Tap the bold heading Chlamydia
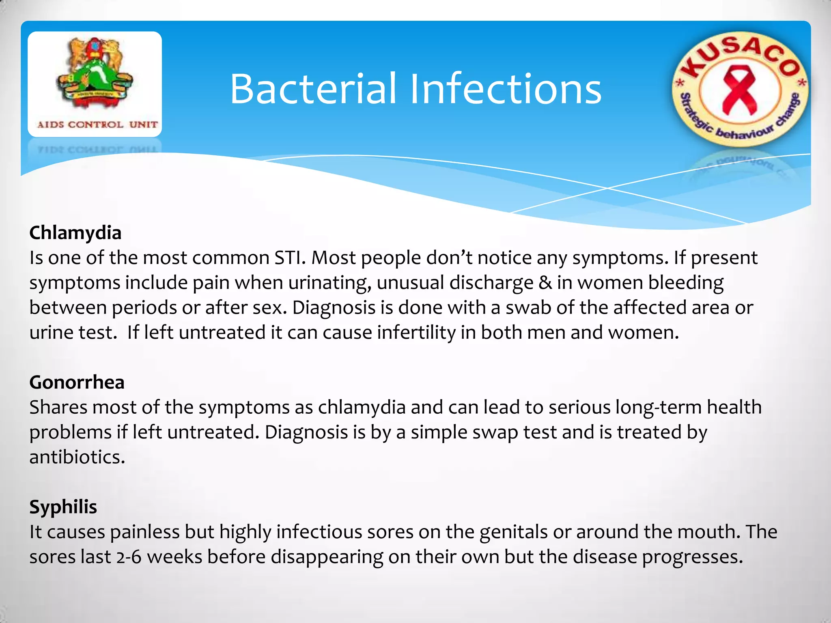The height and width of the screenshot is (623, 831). pyautogui.click(x=75, y=233)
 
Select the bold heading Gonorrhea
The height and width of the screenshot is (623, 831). pyautogui.click(x=77, y=382)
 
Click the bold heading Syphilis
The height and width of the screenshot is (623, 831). pyautogui.click(x=63, y=507)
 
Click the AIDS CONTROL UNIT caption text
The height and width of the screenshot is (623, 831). pyautogui.click(x=97, y=125)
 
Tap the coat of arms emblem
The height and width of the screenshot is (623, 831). pyautogui.click(x=95, y=73)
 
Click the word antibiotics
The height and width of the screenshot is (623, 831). pyautogui.click(x=77, y=458)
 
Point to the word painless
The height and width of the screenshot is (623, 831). pyautogui.click(x=145, y=532)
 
